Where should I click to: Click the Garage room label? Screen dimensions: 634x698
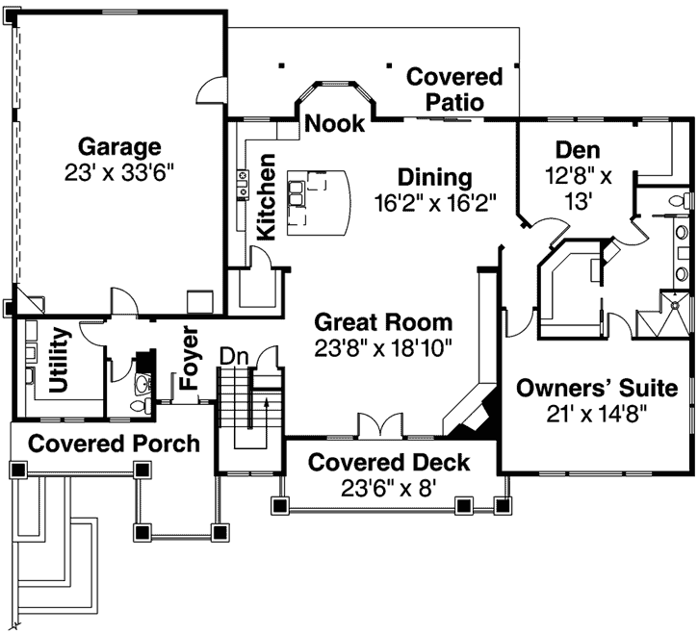(x=118, y=147)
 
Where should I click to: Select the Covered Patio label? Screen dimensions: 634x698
(x=454, y=89)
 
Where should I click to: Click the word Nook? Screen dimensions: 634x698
(x=335, y=123)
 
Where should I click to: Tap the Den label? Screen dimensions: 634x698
(x=578, y=149)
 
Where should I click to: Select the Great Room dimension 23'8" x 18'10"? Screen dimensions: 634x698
(x=383, y=346)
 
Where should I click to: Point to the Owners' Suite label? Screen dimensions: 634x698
(x=597, y=389)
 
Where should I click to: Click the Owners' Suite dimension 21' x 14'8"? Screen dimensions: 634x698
(x=597, y=414)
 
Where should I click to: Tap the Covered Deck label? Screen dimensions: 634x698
(x=389, y=463)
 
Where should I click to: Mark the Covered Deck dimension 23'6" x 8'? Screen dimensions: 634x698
(x=389, y=488)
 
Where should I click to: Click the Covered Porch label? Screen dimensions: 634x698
(x=114, y=444)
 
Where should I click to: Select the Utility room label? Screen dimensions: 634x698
(x=59, y=362)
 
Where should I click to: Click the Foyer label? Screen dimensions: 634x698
(x=190, y=357)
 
